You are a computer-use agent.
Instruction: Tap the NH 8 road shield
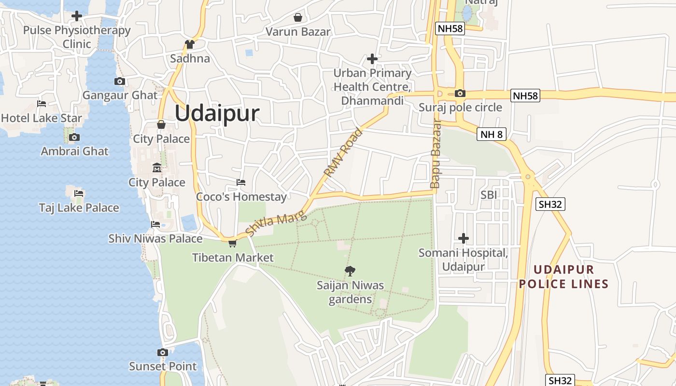coord(492,134)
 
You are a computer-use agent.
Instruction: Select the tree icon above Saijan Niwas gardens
coord(350,271)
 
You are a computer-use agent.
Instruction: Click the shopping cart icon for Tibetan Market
coord(232,243)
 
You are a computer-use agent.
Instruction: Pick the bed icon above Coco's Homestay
coord(241,182)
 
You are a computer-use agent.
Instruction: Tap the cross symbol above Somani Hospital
coord(464,238)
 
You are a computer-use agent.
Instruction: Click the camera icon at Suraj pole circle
coord(460,94)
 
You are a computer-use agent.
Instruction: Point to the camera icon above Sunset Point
coord(163,353)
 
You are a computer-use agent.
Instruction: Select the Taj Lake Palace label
coord(79,208)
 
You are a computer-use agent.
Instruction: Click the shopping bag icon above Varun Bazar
coord(298,18)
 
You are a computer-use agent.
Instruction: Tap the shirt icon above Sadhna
coord(189,44)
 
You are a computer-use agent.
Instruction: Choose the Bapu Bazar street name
coord(436,155)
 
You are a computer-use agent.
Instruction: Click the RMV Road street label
coord(343,152)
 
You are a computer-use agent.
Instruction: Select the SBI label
coord(489,195)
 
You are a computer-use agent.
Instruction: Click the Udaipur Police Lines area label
coord(563,276)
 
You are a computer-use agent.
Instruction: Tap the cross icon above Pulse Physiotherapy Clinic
coord(76,16)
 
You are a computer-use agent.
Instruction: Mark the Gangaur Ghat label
coord(120,95)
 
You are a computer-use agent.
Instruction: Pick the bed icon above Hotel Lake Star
coord(42,104)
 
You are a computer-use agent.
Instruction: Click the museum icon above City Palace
coord(157,168)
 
